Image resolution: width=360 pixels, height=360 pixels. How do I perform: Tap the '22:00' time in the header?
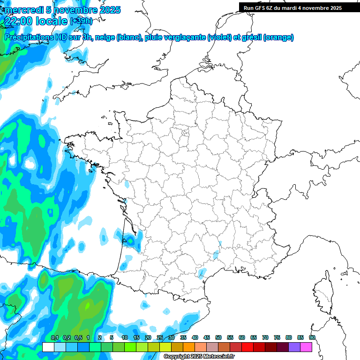coord(19,21)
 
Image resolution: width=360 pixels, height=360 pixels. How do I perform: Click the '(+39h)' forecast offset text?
coord(81,21)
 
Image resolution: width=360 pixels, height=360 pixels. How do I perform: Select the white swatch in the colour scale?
coord(48,347)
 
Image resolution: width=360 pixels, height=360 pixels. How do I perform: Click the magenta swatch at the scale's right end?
coord(306,347)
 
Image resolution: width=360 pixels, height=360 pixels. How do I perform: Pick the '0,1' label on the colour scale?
coord(54,338)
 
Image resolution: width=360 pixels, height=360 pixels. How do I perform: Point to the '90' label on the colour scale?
coord(312,338)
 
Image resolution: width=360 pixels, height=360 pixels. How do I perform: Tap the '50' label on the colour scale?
coord(218,338)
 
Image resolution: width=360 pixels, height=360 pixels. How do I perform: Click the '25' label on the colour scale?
coord(160,338)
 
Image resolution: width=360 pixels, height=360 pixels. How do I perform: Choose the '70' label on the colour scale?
coord(265,338)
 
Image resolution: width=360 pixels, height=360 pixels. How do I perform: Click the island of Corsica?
coord(322,293)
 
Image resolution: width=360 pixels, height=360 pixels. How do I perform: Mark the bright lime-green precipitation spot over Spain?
coord(87,307)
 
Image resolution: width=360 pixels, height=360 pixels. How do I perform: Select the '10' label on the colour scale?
coord(125,338)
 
